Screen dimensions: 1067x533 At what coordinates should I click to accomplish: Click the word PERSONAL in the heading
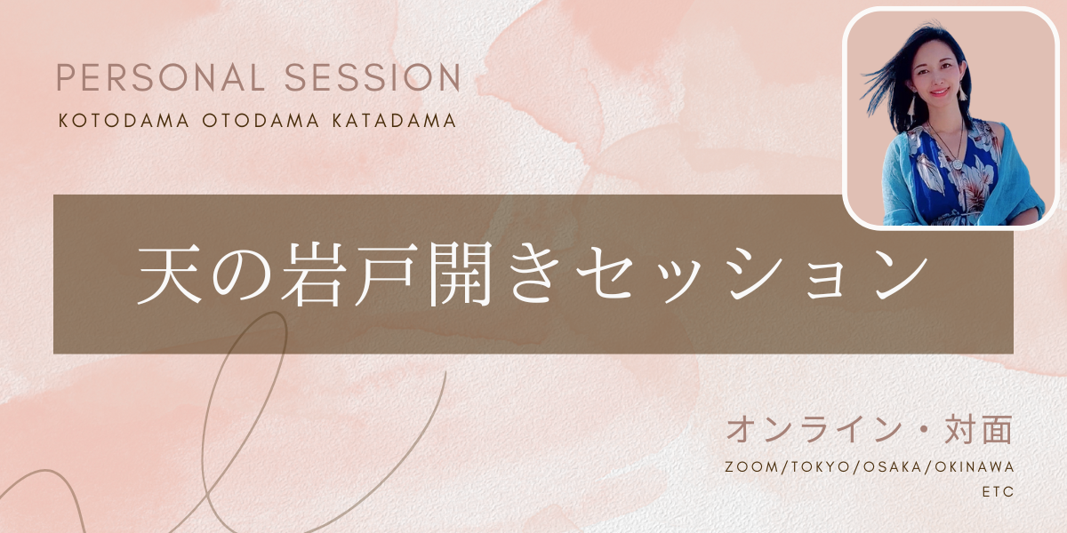click(161, 77)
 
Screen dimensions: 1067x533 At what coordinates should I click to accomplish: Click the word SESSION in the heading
click(373, 77)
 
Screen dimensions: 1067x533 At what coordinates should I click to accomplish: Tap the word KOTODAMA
click(124, 121)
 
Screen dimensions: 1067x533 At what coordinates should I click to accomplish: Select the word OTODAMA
click(261, 121)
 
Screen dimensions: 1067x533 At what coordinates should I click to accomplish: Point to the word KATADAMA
click(395, 121)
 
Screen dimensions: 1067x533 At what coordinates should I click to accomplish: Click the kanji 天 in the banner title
click(170, 275)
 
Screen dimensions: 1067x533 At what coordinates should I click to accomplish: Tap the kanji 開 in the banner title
click(460, 275)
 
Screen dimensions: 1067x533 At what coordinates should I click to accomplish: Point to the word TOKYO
click(820, 467)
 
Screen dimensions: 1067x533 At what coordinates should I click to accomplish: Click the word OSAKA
click(893, 467)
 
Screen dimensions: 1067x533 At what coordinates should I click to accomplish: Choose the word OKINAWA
click(975, 467)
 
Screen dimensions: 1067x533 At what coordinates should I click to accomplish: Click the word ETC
click(999, 491)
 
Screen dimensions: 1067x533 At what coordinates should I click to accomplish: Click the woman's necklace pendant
click(943, 164)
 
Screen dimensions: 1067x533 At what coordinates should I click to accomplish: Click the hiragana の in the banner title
click(242, 277)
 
